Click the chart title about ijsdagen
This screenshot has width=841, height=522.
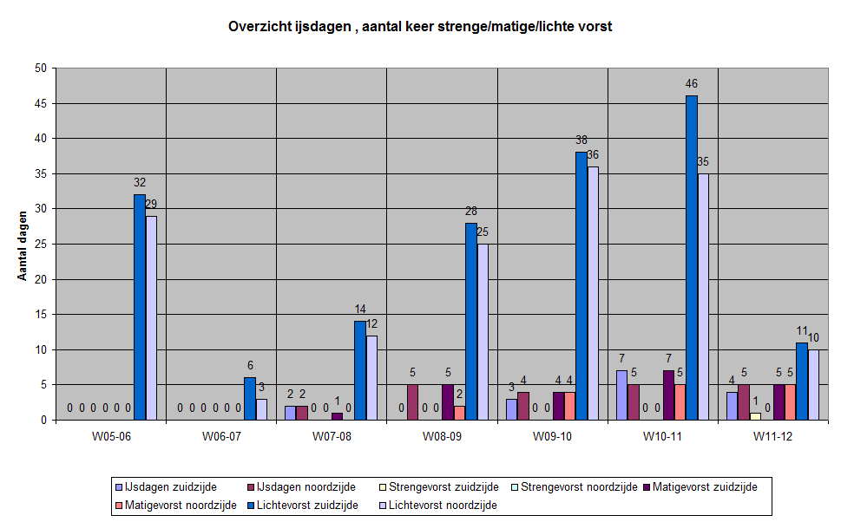point(420,26)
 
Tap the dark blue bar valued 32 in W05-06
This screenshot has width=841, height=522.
point(139,307)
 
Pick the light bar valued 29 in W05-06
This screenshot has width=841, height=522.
point(151,317)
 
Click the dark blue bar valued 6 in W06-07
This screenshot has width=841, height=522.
point(249,399)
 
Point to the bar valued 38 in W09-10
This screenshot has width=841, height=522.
point(581,286)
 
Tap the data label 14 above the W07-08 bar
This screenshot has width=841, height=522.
point(360,309)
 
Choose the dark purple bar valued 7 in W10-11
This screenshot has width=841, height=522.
point(668,395)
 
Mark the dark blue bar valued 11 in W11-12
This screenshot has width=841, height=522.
point(802,382)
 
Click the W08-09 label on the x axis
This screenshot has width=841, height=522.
point(442,436)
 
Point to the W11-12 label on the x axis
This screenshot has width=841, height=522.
point(773,436)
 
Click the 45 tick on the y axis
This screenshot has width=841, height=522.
point(41,103)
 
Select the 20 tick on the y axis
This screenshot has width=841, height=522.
point(41,279)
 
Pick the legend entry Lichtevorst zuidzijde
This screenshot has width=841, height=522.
point(309,505)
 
